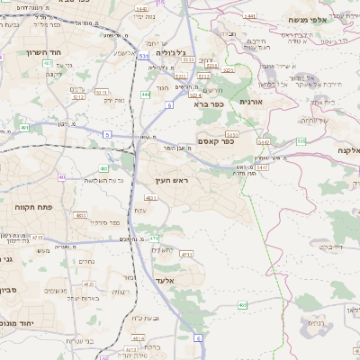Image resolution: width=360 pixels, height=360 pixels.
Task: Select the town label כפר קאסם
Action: (x=214, y=139)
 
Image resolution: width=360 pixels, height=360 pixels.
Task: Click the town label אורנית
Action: (x=250, y=103)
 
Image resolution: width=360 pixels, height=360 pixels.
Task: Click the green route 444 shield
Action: (x=146, y=94)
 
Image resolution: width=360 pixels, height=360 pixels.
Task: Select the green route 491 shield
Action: (x=24, y=128)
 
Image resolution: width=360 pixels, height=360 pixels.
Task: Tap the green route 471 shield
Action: (x=154, y=238)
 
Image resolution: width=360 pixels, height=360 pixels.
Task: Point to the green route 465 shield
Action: (x=242, y=305)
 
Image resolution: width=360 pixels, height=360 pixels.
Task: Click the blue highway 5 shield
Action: (x=107, y=134)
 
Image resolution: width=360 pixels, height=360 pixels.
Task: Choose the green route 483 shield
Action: (x=104, y=167)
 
